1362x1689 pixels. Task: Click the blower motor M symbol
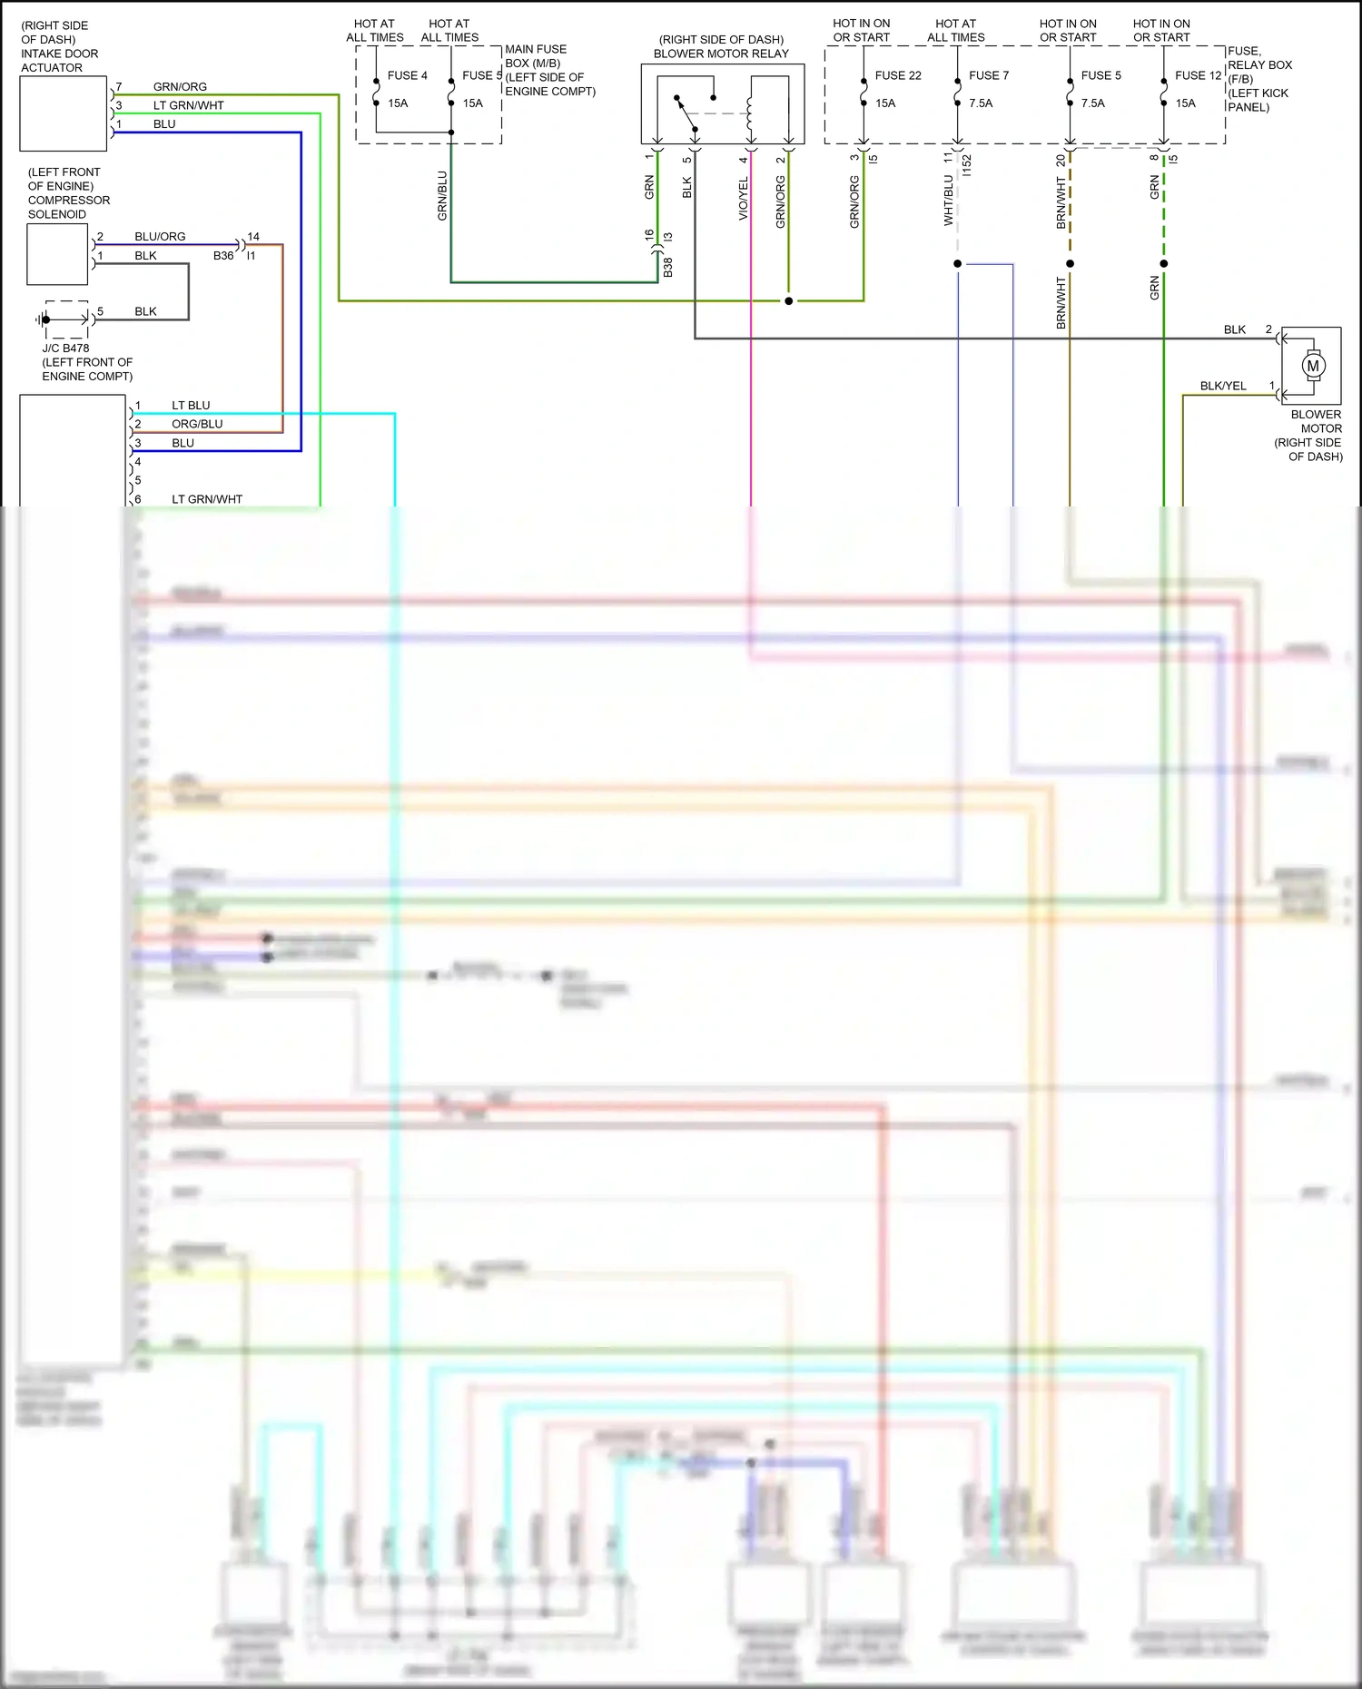click(x=1313, y=366)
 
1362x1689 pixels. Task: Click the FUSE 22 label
click(x=898, y=75)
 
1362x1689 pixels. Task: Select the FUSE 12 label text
click(x=1198, y=75)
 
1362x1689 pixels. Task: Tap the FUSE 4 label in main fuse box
click(x=407, y=75)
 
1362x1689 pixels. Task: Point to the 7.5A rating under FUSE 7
click(x=981, y=103)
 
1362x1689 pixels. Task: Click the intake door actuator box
click(x=64, y=113)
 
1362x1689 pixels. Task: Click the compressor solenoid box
click(x=57, y=254)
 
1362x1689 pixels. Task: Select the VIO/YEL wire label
click(x=744, y=199)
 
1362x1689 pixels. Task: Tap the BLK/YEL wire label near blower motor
click(x=1223, y=386)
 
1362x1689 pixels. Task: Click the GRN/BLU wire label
click(x=442, y=195)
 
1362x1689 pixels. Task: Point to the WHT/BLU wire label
click(x=949, y=200)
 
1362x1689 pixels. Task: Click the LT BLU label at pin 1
click(x=191, y=405)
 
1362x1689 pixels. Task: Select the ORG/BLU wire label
click(x=197, y=424)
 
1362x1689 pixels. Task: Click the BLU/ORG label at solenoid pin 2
click(x=160, y=236)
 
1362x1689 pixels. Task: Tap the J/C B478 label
click(x=65, y=348)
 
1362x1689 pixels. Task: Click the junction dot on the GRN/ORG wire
click(x=788, y=300)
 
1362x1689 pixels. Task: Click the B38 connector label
click(x=667, y=267)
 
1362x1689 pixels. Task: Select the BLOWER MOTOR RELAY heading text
click(x=721, y=54)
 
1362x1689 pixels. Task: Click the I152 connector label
click(x=967, y=165)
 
